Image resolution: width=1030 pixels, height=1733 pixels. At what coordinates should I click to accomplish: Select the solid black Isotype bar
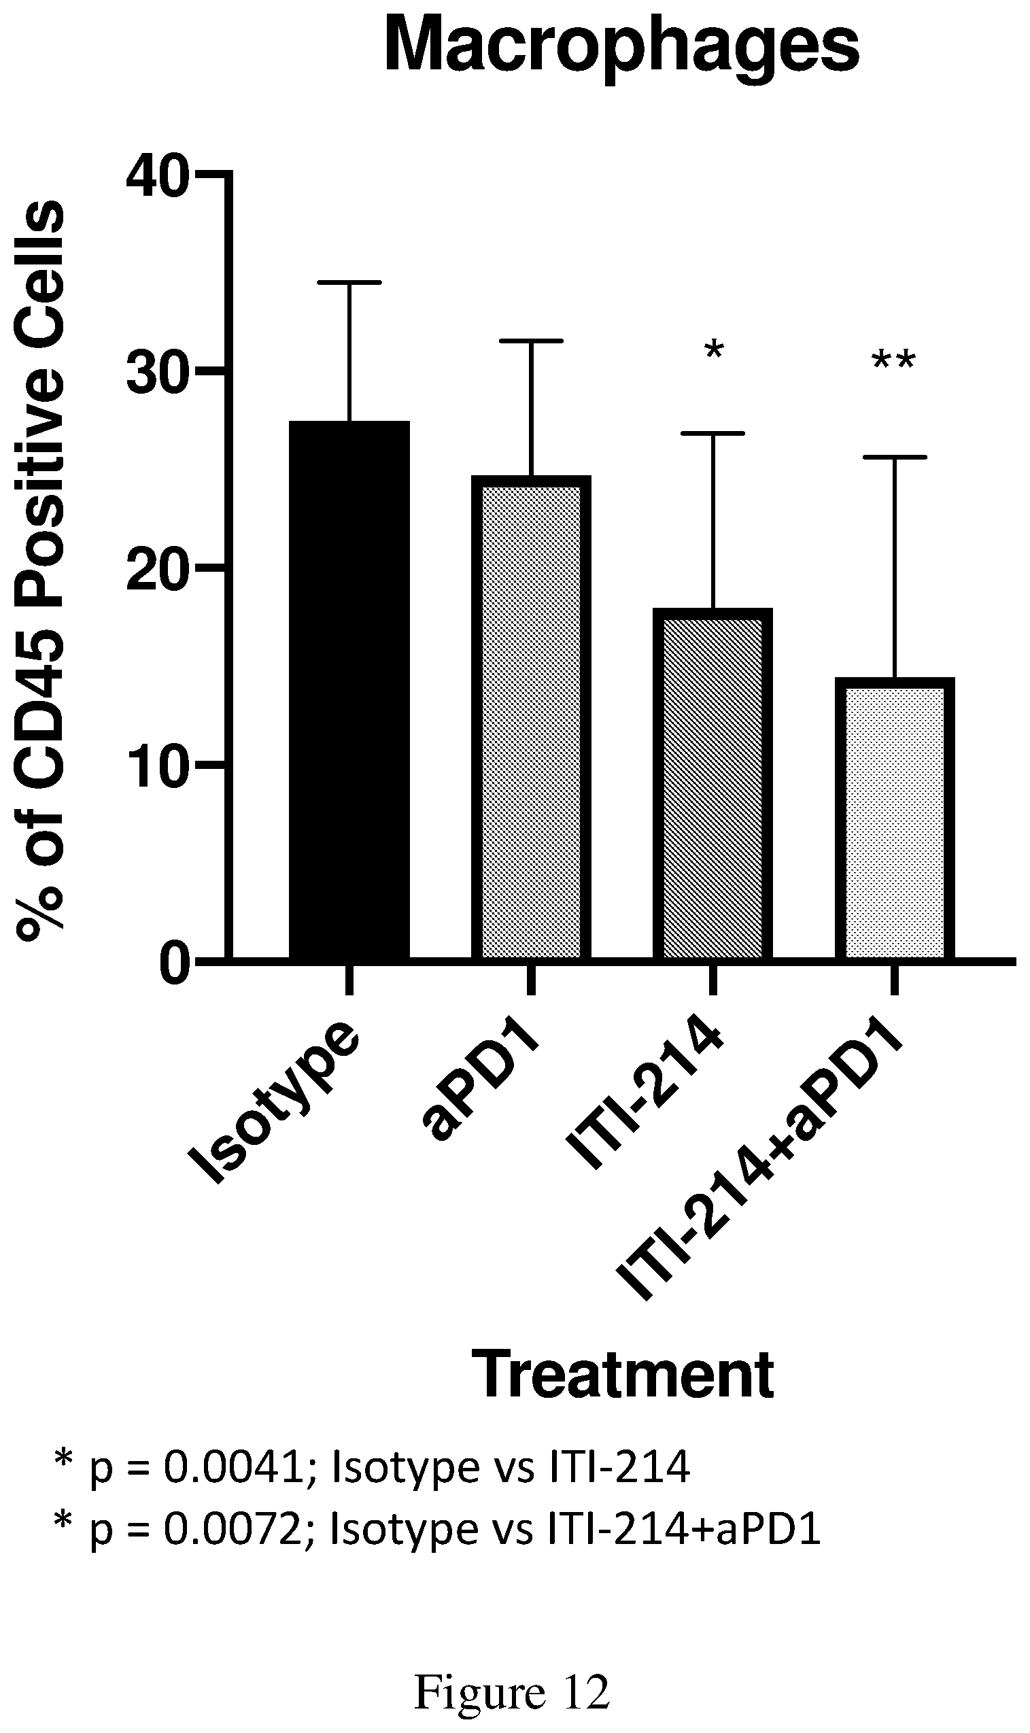tap(349, 691)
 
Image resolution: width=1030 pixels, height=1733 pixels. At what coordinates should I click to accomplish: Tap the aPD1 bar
tap(531, 719)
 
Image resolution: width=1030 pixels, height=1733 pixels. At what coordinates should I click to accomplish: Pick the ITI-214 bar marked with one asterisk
tap(713, 785)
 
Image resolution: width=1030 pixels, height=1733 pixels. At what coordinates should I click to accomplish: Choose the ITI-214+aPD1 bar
tap(895, 819)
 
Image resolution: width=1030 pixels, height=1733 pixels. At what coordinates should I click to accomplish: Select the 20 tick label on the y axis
tap(158, 568)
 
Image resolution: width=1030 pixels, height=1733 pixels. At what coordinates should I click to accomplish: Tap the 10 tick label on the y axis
tap(158, 765)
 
